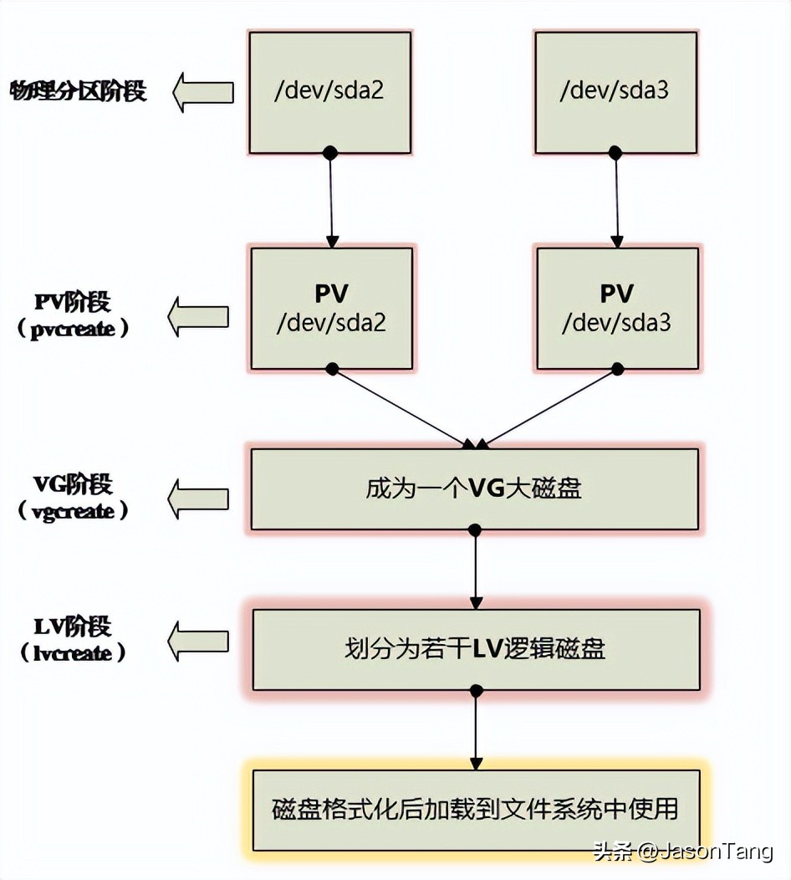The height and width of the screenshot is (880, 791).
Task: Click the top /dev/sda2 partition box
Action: pos(329,92)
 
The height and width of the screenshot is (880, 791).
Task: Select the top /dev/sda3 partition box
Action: pos(615,92)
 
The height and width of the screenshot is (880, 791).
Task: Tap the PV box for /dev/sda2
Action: pos(331,308)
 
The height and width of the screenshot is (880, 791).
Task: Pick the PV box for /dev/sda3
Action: pos(617,308)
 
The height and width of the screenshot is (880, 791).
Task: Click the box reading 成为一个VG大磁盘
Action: pos(474,489)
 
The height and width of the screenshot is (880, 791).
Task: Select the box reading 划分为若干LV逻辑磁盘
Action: pos(476,649)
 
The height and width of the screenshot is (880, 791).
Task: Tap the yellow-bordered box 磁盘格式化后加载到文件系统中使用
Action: pos(475,810)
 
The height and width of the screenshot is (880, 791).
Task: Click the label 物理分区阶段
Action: pos(78,90)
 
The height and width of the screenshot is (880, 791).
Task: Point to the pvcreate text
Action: pos(74,329)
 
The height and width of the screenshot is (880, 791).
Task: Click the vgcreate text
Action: pos(74,511)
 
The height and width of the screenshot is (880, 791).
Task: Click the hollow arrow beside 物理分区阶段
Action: pos(203,92)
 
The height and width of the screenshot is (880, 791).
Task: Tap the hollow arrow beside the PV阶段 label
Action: pos(199,316)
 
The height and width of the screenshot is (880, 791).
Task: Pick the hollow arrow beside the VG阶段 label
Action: pos(199,499)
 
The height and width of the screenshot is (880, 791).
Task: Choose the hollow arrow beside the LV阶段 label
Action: pos(199,642)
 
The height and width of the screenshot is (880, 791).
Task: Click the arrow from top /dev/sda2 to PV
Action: pos(331,201)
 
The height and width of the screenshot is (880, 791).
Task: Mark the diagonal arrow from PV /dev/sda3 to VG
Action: pos(552,407)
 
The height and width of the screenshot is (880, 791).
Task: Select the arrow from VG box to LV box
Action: pos(476,569)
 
